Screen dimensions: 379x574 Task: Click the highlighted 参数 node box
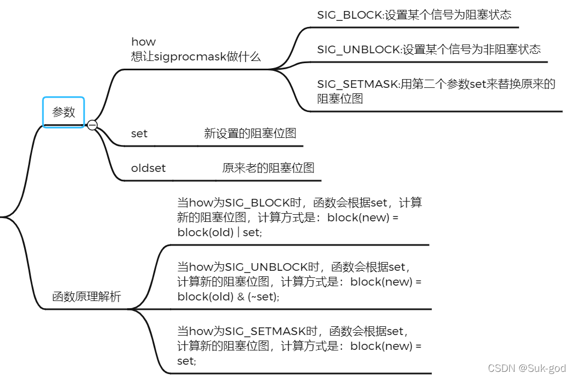(x=64, y=112)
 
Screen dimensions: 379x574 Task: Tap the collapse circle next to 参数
(x=92, y=125)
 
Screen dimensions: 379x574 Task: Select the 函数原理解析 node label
(x=87, y=297)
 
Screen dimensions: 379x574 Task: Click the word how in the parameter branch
(x=143, y=42)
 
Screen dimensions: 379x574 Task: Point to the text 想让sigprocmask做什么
(x=195, y=57)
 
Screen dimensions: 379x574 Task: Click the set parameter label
(x=139, y=133)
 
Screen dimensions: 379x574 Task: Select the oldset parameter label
(x=148, y=168)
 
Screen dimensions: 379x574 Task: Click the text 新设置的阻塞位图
(x=250, y=133)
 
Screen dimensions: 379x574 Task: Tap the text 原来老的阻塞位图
(x=268, y=168)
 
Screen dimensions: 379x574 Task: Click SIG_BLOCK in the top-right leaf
(x=349, y=15)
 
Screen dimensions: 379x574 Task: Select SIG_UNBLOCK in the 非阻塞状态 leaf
(x=358, y=49)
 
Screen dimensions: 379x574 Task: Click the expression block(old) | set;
(x=220, y=232)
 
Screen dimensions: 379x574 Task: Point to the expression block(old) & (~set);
(x=228, y=297)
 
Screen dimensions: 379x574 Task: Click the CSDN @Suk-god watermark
(x=527, y=369)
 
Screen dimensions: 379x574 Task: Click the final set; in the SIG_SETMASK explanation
(x=187, y=361)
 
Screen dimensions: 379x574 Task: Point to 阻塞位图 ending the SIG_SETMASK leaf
(x=340, y=99)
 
